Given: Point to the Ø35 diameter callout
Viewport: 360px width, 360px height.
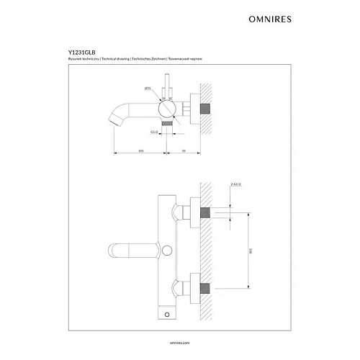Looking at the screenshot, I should [x=148, y=88].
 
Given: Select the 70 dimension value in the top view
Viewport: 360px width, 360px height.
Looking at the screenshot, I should [x=184, y=151].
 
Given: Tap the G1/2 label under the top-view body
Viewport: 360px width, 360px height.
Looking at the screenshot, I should [x=155, y=132].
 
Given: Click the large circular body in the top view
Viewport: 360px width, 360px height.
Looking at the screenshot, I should [x=167, y=109].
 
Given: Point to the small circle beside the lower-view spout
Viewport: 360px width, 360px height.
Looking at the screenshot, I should [x=168, y=251].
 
